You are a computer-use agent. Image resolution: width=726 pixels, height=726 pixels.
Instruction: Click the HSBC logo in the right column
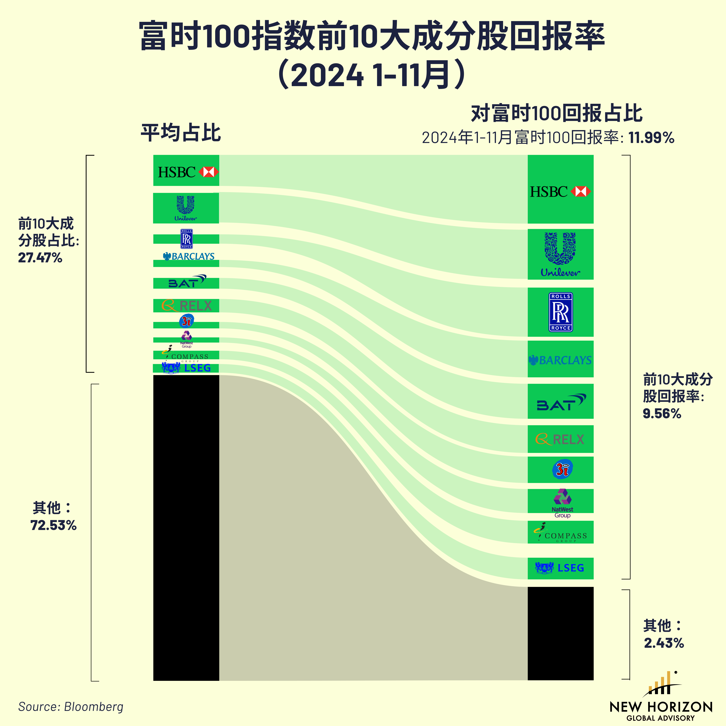tap(560, 192)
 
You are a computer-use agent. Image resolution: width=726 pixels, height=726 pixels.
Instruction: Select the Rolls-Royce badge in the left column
tap(186, 239)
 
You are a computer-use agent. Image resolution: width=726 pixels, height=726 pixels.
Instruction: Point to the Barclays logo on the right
tap(560, 360)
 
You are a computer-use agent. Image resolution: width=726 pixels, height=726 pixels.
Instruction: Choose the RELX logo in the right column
tap(560, 439)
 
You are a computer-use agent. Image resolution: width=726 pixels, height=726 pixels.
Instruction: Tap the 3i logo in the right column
tap(562, 469)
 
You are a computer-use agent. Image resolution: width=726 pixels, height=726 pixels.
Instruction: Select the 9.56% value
tap(662, 414)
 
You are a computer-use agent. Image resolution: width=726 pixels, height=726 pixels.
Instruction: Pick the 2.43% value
tap(664, 643)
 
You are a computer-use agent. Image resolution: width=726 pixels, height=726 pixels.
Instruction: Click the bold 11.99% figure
tap(652, 138)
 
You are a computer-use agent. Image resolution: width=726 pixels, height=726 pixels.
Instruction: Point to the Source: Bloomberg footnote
tap(71, 706)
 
